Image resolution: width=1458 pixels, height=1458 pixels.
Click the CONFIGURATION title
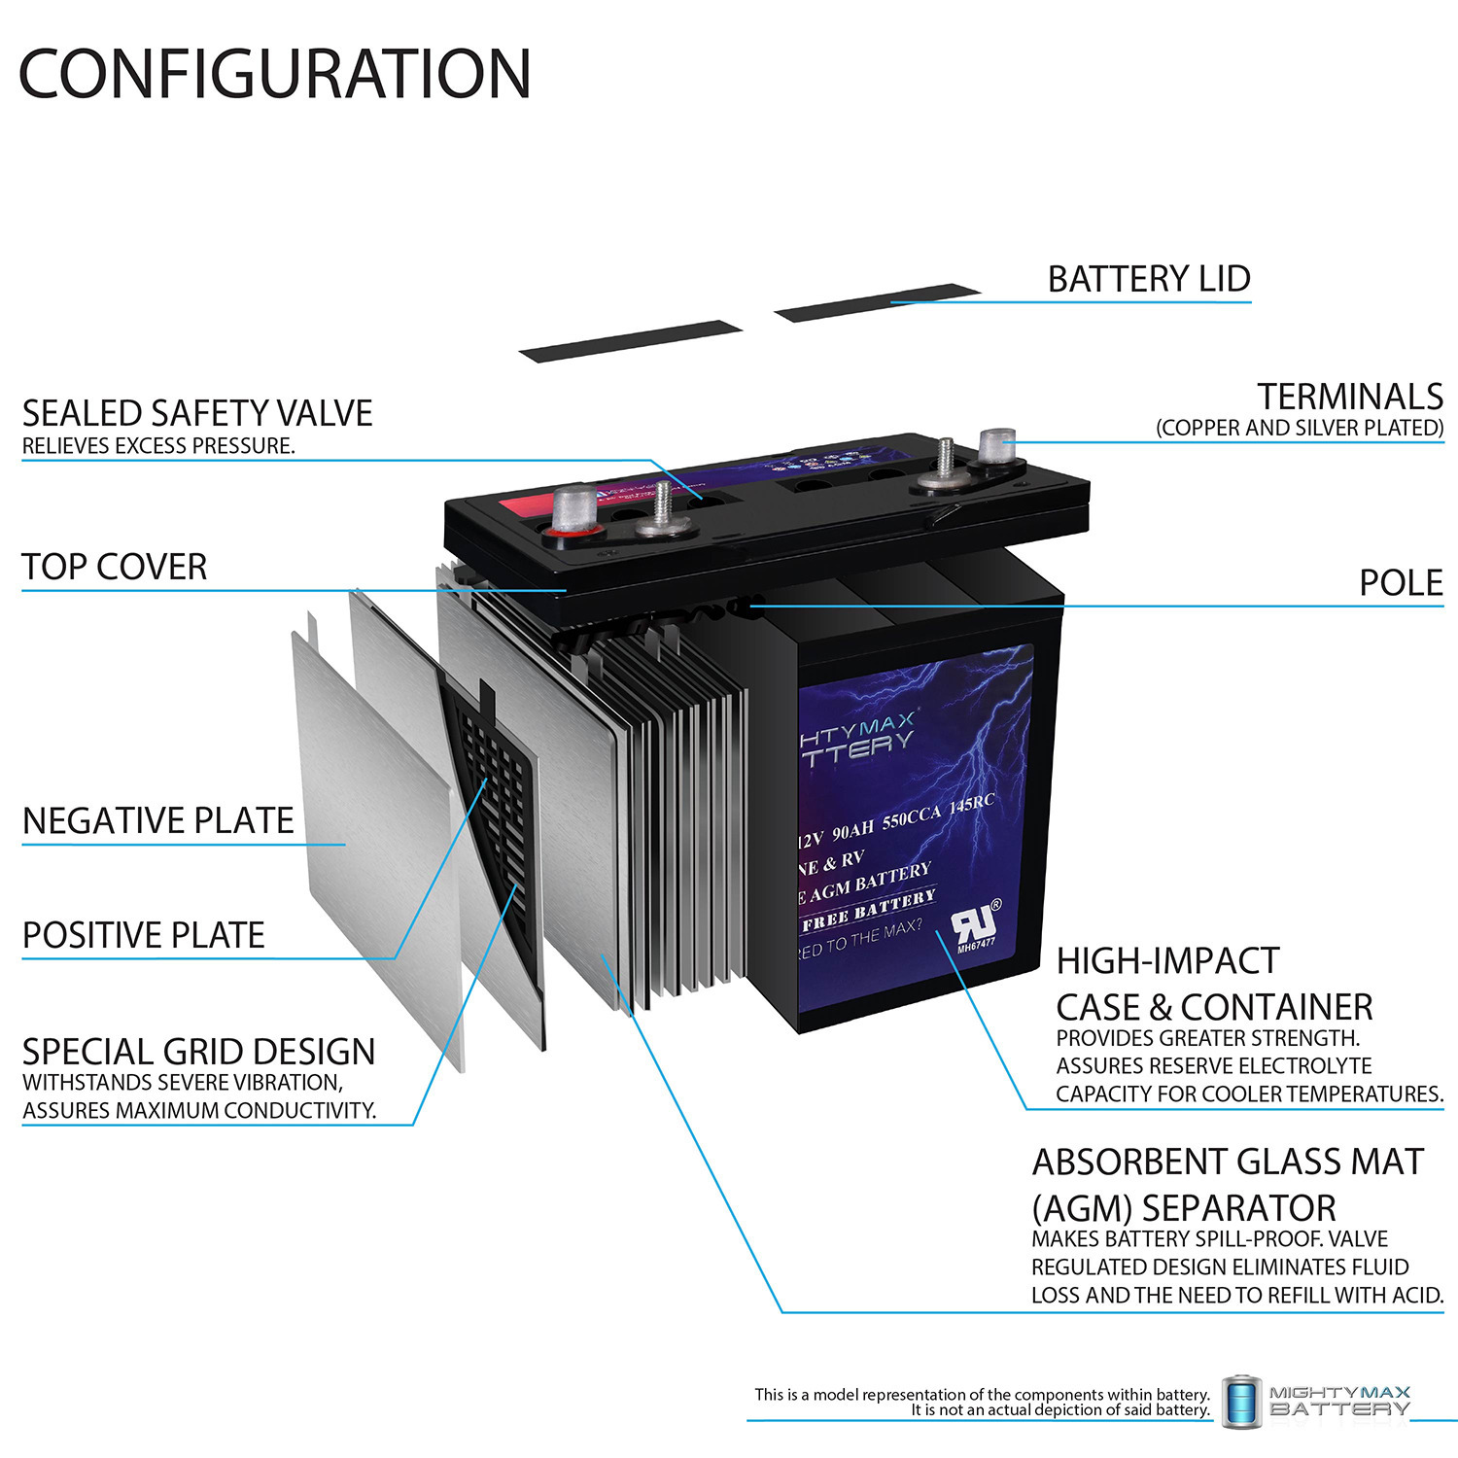tap(275, 74)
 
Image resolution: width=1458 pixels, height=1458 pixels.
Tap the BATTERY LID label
tap(1148, 279)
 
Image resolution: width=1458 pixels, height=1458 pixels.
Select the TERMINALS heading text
tap(1349, 397)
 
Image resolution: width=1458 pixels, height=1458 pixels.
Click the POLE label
tap(1400, 583)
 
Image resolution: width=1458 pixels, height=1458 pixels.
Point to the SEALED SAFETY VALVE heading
tap(197, 413)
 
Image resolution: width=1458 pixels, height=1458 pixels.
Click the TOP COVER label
tap(115, 567)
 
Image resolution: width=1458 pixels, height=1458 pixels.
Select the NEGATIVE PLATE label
tap(157, 821)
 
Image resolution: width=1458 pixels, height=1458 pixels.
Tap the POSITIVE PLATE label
tap(144, 935)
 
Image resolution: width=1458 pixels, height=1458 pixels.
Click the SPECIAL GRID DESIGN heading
tap(198, 1052)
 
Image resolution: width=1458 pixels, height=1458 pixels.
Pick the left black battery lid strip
tap(630, 340)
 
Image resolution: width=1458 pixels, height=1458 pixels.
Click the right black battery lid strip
tap(877, 301)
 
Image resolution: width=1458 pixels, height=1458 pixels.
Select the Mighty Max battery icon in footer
tap(1240, 1401)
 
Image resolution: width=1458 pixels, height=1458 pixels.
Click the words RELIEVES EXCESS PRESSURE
tap(158, 446)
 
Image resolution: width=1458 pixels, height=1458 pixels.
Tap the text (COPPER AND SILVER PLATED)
tap(1299, 428)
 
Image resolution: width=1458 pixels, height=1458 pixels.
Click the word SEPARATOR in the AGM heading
tap(1238, 1208)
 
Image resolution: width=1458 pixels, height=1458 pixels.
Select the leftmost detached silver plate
tap(374, 836)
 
